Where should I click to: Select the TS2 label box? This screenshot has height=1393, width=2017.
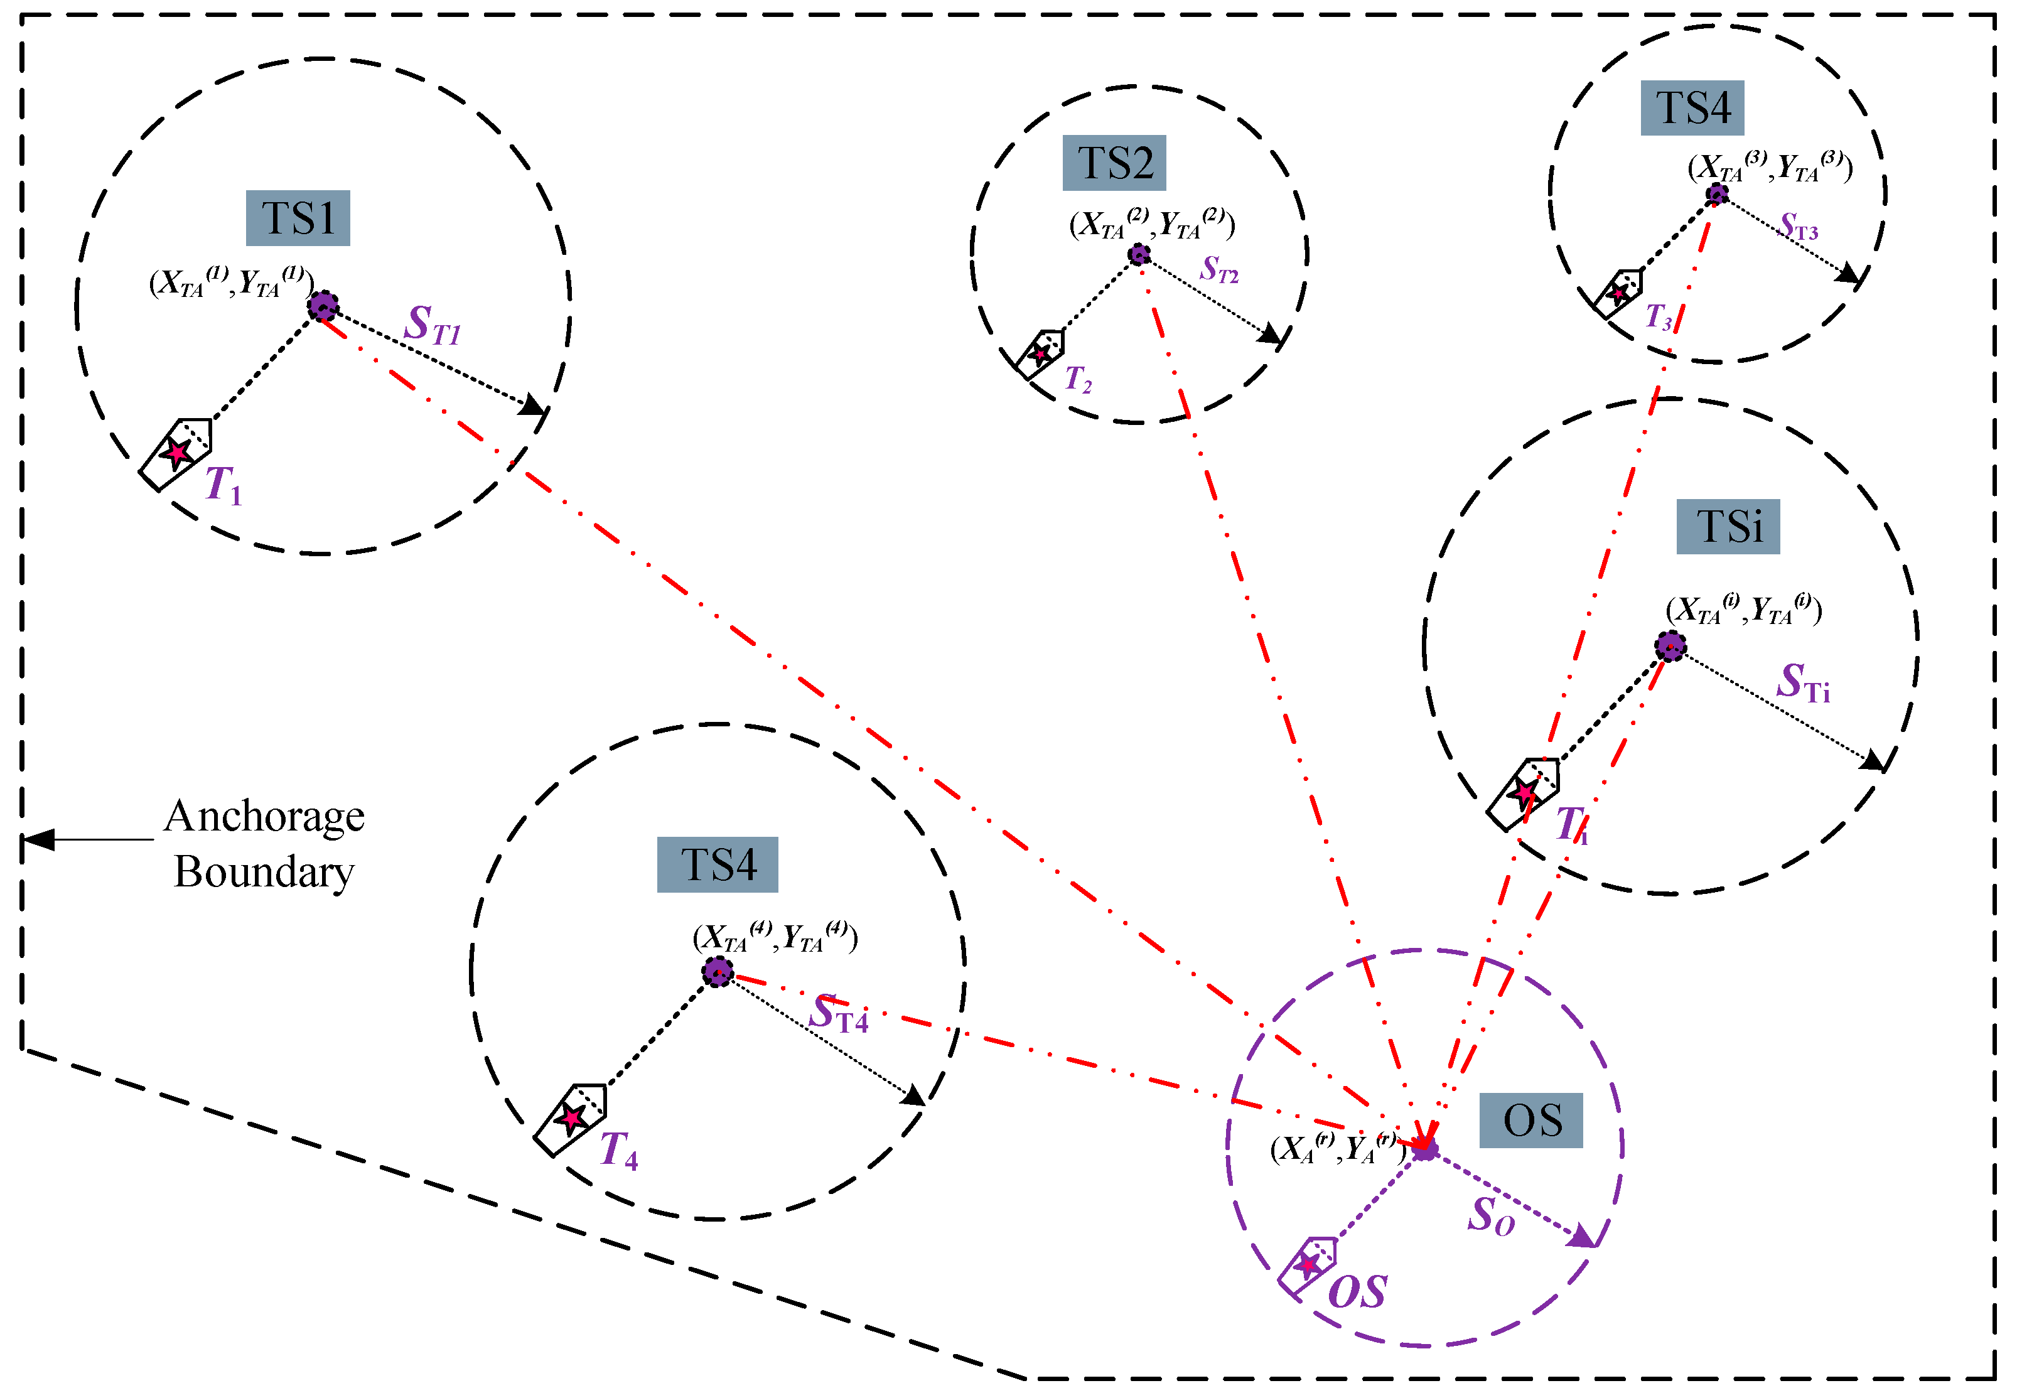[1114, 163]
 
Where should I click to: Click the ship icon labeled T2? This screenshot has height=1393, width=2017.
[1040, 353]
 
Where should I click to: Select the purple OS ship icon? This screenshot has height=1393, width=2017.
[1306, 1265]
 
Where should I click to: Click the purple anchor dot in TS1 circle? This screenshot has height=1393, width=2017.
[323, 306]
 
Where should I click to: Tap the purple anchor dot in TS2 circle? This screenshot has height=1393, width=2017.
[1138, 255]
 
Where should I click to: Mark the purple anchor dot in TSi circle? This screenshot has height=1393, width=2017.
[1670, 647]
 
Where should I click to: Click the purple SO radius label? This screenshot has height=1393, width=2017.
[1491, 1216]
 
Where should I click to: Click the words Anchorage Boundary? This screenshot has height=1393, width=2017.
[264, 844]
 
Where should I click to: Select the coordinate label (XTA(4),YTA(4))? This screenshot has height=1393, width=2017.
[774, 937]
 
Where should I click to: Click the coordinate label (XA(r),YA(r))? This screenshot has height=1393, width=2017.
[1337, 1149]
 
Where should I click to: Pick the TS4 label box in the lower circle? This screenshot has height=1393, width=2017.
[716, 865]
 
